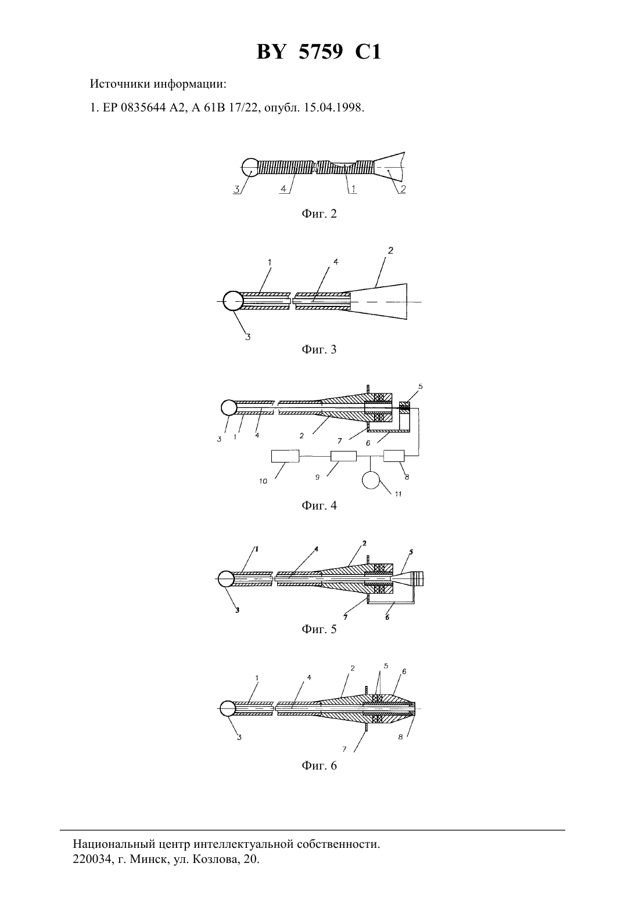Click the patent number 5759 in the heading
321,52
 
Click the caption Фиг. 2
319,214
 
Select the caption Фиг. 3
319,349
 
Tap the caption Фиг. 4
319,505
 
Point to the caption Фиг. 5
319,629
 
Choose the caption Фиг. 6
319,765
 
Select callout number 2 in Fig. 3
390,250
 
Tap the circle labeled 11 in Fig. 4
371,480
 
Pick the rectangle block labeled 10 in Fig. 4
285,456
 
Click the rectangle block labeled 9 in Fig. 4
343,456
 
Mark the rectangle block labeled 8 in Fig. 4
394,456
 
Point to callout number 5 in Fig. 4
421,387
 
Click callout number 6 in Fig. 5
387,617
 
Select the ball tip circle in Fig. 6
228,708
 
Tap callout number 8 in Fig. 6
400,738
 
